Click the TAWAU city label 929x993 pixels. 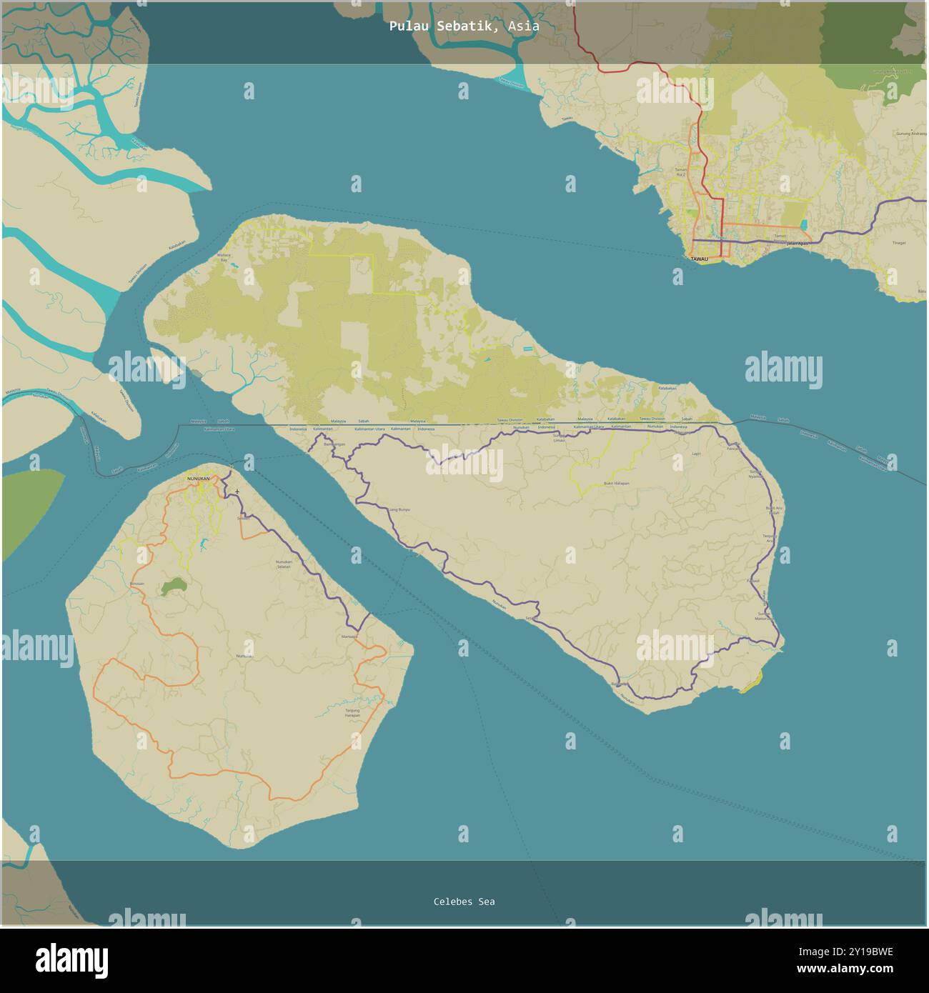tap(698, 259)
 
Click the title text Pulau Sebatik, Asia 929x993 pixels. tap(464, 26)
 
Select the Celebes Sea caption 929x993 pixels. tap(464, 902)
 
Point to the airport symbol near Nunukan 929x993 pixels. tap(237, 491)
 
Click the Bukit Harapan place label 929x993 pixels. tap(616, 484)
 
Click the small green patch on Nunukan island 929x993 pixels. tap(172, 587)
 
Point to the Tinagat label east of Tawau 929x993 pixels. tap(899, 243)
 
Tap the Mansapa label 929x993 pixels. tap(349, 636)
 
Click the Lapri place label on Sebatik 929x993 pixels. tap(696, 453)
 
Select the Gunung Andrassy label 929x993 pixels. tap(908, 134)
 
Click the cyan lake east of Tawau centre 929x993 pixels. tap(804, 224)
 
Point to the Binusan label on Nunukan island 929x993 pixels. tap(136, 584)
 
